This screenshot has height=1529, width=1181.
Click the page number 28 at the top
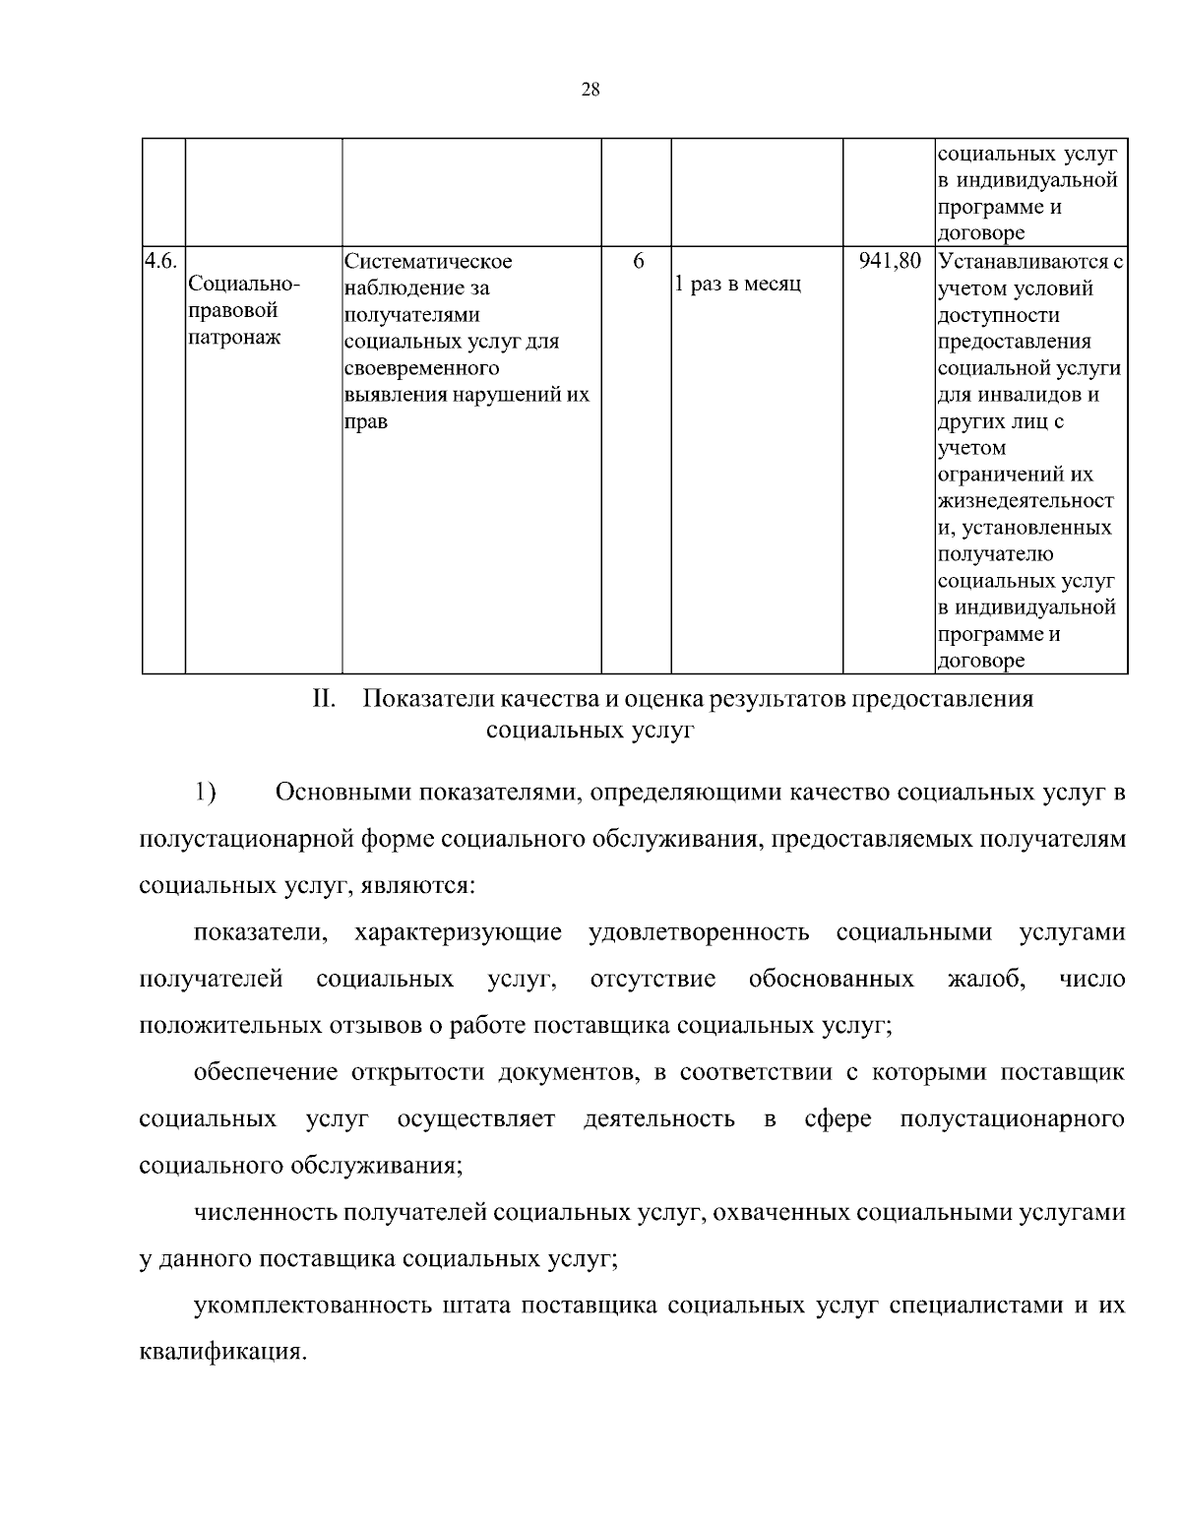click(590, 90)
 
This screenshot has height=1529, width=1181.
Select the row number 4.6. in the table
click(160, 261)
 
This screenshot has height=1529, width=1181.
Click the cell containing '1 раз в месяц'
click(737, 285)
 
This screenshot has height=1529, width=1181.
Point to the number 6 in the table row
click(638, 261)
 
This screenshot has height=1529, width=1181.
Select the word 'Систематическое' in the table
click(428, 262)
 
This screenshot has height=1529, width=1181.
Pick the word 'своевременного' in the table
click(422, 368)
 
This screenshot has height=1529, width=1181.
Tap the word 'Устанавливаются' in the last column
click(1024, 262)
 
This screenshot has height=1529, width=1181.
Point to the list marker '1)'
click(205, 792)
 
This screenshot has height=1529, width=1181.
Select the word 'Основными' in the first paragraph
click(345, 792)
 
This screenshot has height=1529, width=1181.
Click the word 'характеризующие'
click(458, 931)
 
